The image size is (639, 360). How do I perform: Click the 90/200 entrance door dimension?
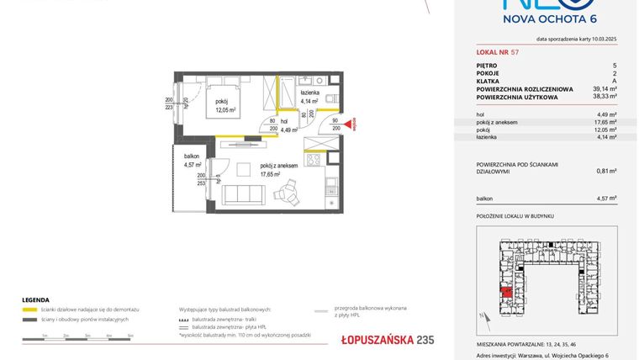(x=335, y=124)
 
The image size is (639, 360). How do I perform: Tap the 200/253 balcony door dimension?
(x=201, y=178)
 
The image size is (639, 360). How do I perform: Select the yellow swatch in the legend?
(x=29, y=310)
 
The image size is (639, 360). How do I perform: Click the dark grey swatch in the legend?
(x=29, y=320)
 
